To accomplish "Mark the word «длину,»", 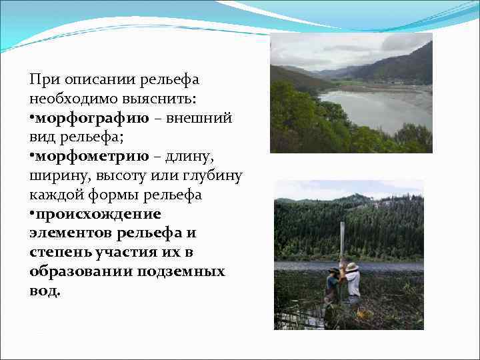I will coord(201,157).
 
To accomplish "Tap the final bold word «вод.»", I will coord(45,291).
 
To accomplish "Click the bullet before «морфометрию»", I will coord(31,157).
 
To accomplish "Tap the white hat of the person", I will coord(352,267).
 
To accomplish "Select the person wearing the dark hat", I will coord(331,287).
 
